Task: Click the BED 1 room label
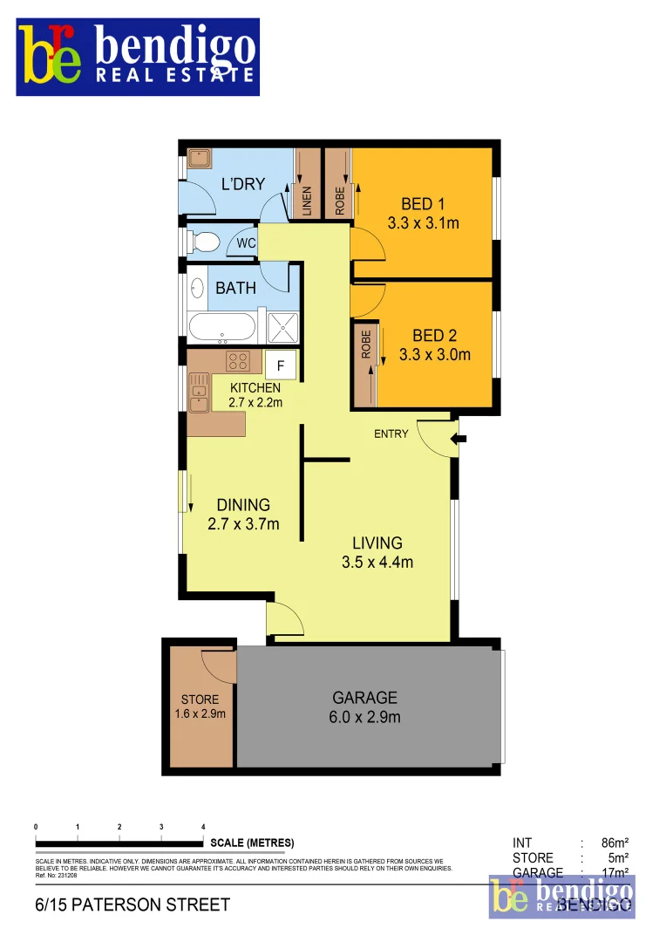click(x=418, y=204)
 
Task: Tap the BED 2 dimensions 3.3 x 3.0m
click(x=435, y=355)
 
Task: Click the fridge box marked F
click(x=281, y=365)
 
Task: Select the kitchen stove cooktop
click(x=238, y=361)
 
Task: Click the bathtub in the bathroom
click(x=222, y=328)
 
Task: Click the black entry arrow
click(x=460, y=439)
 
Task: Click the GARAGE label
click(x=364, y=698)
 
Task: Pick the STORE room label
click(x=200, y=700)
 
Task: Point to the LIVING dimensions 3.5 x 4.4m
click(x=377, y=563)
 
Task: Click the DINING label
click(x=243, y=505)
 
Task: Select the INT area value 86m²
click(x=615, y=843)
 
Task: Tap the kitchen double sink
click(x=200, y=392)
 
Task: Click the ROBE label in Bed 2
click(x=366, y=345)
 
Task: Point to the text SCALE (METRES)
click(x=252, y=843)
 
